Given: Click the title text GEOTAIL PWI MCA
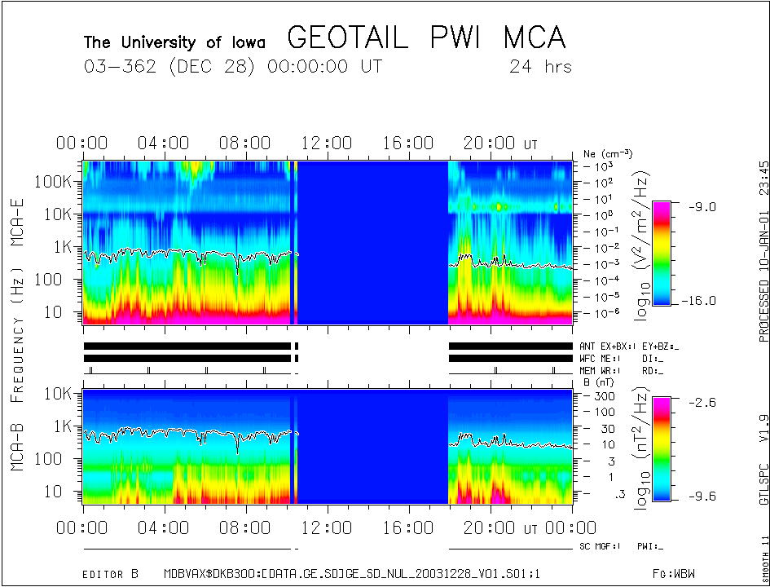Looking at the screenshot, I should pyautogui.click(x=425, y=38).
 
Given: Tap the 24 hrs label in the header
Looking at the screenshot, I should pyautogui.click(x=540, y=66).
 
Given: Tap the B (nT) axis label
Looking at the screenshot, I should pyautogui.click(x=597, y=382).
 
